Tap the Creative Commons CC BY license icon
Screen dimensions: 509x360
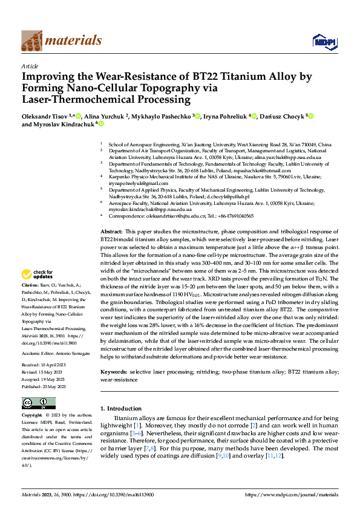(38, 403)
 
